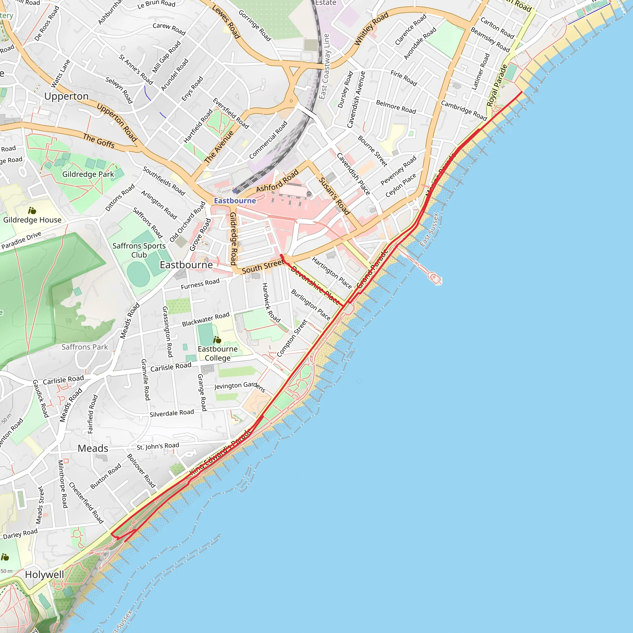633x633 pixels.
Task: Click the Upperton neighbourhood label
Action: [66, 96]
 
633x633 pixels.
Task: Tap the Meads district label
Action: [93, 448]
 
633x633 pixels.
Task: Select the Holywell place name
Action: [44, 574]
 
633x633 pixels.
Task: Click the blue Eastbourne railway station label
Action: [235, 201]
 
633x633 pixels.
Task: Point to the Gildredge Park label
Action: [88, 174]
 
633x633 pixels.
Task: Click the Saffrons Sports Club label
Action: [139, 250]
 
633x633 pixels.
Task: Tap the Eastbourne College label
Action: [218, 353]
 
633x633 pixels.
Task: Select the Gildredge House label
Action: [32, 220]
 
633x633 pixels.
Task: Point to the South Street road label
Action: [263, 267]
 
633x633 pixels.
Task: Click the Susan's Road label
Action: [334, 196]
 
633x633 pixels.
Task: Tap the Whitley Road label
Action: [371, 29]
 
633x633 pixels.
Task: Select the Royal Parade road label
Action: [497, 86]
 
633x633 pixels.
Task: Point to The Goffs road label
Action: [99, 141]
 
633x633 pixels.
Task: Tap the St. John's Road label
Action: [158, 447]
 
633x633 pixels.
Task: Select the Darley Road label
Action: [20, 534]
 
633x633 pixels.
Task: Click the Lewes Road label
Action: [226, 22]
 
